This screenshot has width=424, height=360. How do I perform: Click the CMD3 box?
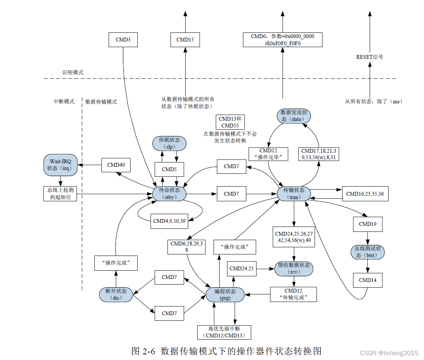click(123, 40)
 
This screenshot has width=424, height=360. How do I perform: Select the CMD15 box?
click(185, 40)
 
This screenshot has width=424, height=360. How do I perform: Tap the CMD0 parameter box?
click(283, 40)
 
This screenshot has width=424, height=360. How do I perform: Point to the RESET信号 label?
click(369, 57)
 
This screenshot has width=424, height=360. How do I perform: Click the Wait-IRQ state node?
click(60, 165)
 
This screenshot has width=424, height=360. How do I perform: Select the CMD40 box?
click(116, 165)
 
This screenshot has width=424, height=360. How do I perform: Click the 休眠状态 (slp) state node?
click(169, 143)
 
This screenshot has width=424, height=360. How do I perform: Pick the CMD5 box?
click(169, 169)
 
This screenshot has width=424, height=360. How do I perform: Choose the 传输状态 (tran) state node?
click(293, 193)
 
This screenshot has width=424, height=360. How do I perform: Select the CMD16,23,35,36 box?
click(365, 194)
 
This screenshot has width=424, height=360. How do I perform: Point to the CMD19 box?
click(368, 224)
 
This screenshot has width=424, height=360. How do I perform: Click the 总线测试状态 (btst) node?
click(368, 252)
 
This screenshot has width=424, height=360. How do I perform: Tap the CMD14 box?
click(368, 280)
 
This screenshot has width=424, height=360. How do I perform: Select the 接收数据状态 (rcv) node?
click(293, 268)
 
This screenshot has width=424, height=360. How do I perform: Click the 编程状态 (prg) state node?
click(225, 294)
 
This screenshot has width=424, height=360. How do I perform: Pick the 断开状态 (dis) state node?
click(116, 294)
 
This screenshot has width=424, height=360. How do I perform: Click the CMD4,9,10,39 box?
click(169, 221)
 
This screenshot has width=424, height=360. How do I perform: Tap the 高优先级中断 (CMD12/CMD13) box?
click(224, 332)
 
